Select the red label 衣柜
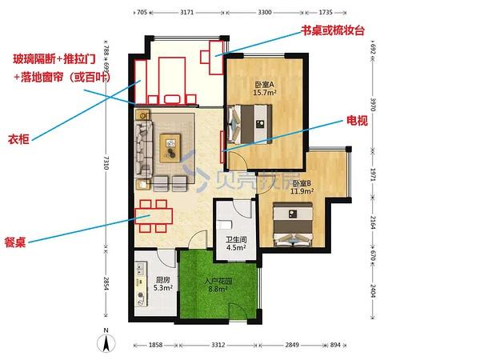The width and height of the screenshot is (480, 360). click(20, 138)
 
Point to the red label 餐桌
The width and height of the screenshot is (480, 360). click(17, 242)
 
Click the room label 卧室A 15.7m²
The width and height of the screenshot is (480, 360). click(265, 89)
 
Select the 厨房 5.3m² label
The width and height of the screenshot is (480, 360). click(163, 283)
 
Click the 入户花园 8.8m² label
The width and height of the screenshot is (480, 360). click(218, 285)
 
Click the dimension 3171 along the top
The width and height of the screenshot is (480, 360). click(186, 14)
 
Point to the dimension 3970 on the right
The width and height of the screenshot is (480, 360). click(372, 105)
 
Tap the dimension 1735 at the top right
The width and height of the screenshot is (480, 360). click(326, 14)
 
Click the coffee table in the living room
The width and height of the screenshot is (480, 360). click(173, 144)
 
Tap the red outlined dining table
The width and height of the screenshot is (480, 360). click(153, 213)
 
